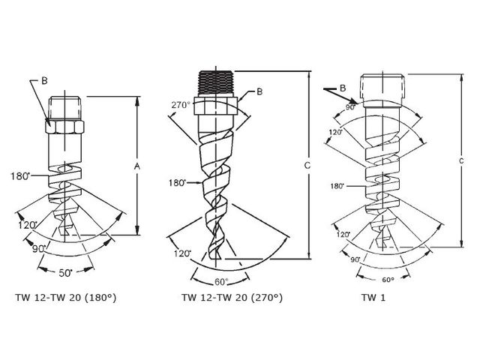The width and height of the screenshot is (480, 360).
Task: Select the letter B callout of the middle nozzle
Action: coord(259,91)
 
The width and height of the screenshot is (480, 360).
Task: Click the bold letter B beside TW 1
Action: coord(343,88)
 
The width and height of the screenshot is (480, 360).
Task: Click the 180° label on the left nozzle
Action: coord(20,177)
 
